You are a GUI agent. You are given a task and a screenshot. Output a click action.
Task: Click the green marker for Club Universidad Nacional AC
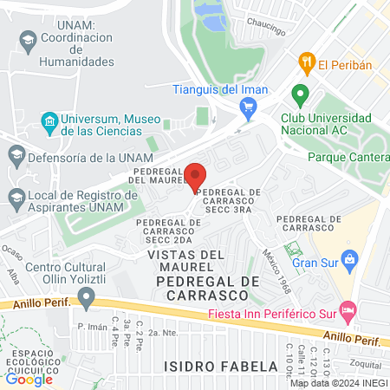pyautogui.click(x=300, y=94)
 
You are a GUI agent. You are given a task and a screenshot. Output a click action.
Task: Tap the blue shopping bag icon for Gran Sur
pyautogui.click(x=349, y=258)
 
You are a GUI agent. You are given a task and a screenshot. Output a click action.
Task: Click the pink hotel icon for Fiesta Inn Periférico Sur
pyautogui.click(x=348, y=309)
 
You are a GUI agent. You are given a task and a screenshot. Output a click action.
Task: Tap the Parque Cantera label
pyautogui.click(x=347, y=158)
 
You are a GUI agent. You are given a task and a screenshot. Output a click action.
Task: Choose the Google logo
pyautogui.click(x=29, y=378)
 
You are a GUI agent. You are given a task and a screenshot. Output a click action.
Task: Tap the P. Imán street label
pyautogui.click(x=91, y=327)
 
